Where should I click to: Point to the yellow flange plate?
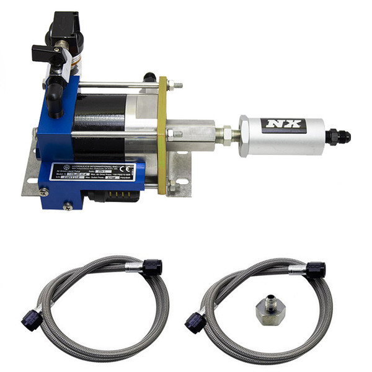[163, 133]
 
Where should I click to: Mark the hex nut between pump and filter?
[226, 135]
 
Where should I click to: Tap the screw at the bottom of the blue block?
[68, 205]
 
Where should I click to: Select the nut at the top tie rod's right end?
[178, 85]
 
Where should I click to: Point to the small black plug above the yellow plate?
[148, 77]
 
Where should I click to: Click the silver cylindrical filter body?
[282, 136]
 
